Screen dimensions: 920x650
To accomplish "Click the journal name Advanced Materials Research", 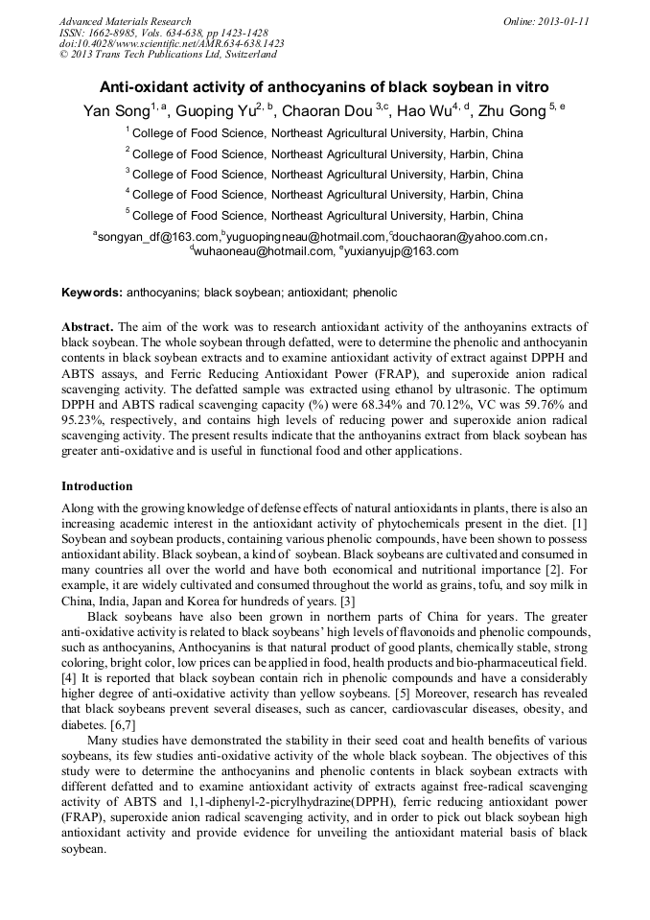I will coord(125,21).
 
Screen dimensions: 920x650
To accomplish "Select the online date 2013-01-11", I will coord(562,21).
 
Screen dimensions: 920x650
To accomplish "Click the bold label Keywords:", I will coord(92,292).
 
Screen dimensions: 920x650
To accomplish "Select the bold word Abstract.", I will coord(86,327).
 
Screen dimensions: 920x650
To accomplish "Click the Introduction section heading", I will coord(97,486).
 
